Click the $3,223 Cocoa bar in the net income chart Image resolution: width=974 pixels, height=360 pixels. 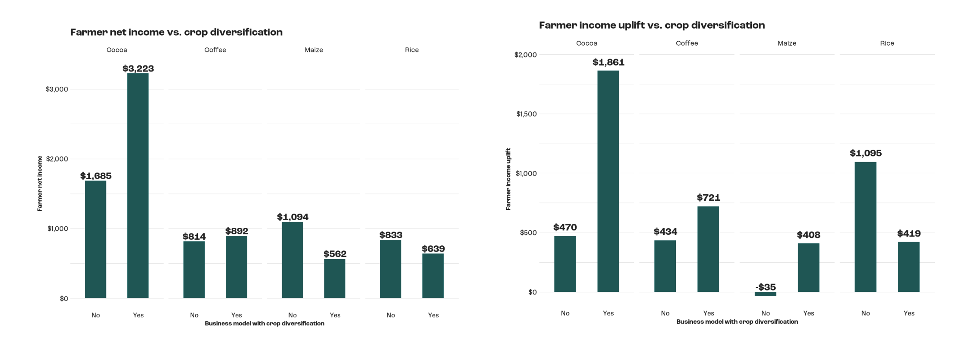pos(138,185)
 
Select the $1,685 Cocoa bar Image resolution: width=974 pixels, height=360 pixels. pos(95,239)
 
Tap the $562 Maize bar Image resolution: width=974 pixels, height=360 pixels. pos(335,278)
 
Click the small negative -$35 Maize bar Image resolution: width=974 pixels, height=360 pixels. pos(765,294)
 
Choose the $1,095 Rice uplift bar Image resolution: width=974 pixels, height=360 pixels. pos(865,227)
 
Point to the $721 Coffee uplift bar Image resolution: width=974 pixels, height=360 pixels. pos(708,249)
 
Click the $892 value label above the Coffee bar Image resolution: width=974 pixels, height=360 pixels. pos(237,231)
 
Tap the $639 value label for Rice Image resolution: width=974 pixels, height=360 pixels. pos(433,249)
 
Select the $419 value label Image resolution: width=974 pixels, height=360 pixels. pos(909,234)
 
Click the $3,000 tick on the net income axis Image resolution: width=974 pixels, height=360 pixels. pos(57,89)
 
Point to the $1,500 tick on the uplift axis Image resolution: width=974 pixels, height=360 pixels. pos(526,114)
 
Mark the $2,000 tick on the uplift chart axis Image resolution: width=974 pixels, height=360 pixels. pos(526,55)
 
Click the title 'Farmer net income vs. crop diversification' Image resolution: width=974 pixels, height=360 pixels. pos(176,32)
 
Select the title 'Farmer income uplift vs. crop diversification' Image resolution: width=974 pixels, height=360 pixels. pos(652,25)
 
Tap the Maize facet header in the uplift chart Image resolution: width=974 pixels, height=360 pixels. pos(787,43)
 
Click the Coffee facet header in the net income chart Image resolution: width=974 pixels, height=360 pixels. pos(215,50)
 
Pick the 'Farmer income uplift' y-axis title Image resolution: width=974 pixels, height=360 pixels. pos(508,179)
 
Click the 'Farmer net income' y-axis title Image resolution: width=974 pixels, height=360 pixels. pos(40,183)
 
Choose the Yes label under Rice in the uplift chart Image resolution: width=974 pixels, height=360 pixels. pos(909,313)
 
